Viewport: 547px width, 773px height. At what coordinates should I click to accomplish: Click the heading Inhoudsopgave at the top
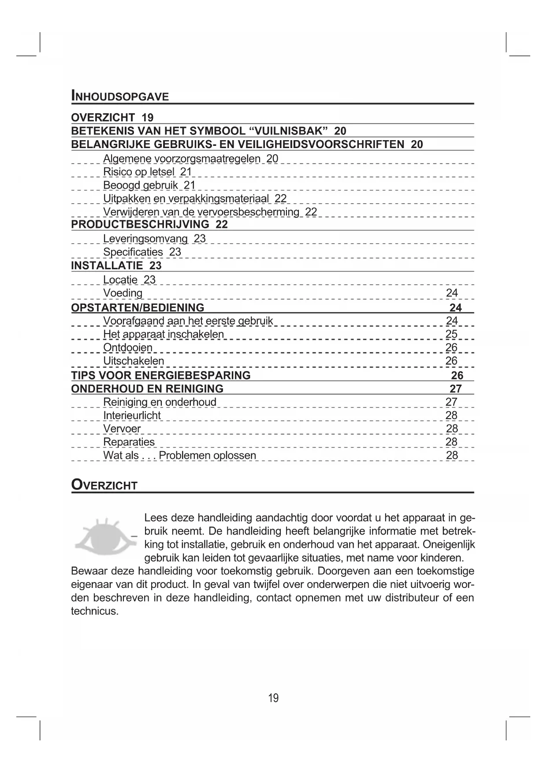point(120,96)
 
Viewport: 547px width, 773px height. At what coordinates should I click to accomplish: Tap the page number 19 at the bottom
point(273,698)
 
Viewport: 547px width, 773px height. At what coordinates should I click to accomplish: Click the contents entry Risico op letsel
point(139,172)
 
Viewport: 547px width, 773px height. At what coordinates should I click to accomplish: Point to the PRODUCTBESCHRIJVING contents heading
point(140,224)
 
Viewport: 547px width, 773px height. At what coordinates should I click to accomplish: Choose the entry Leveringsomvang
point(145,239)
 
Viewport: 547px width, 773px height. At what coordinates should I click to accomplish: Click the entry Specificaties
point(133,252)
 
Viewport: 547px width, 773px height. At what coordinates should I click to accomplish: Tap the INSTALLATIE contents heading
point(107,266)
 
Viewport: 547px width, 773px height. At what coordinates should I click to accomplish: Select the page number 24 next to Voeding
point(452,293)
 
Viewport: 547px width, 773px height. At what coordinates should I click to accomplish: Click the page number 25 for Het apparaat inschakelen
point(451,334)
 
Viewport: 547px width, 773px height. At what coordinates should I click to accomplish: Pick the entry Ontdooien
point(128,348)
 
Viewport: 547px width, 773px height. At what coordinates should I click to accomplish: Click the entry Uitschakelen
point(134,361)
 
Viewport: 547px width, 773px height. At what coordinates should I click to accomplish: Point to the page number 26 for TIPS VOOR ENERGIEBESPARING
point(457,375)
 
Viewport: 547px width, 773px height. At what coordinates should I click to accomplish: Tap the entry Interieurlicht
point(132,416)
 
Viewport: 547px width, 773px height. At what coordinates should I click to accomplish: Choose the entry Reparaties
point(129,442)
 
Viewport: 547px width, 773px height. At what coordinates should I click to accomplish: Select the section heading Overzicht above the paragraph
point(104,485)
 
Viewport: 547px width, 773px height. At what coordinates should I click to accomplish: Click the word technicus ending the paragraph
point(94,611)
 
